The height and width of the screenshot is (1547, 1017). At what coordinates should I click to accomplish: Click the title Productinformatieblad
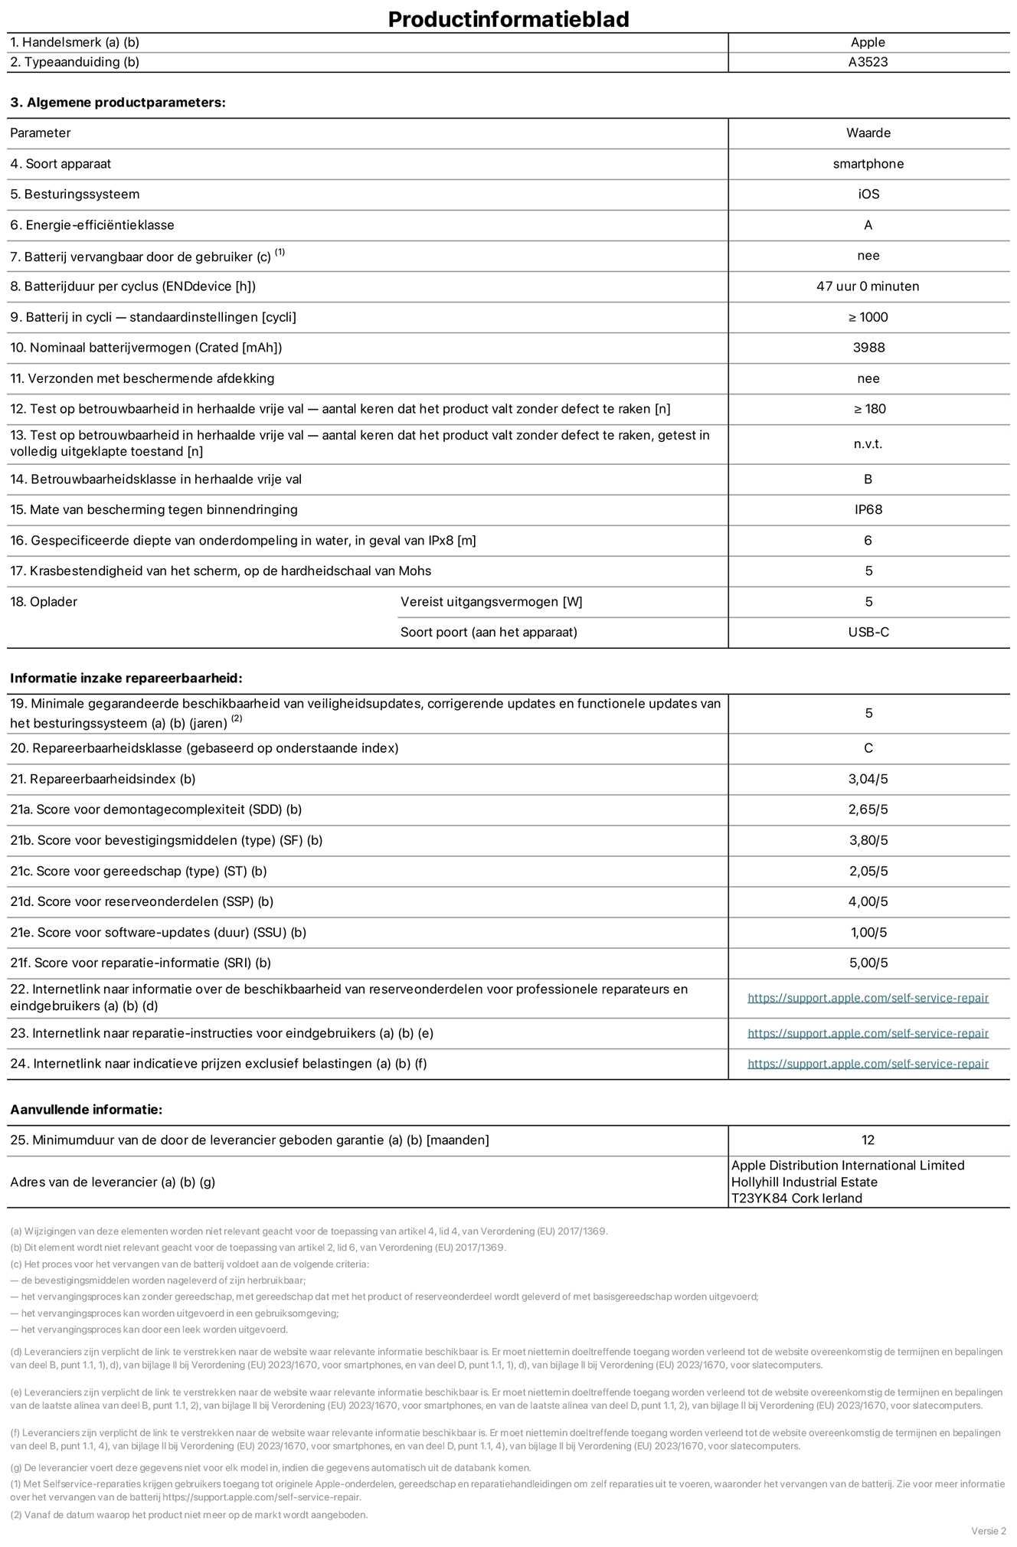(x=508, y=19)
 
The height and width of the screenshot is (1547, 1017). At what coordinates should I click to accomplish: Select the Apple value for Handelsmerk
(x=868, y=43)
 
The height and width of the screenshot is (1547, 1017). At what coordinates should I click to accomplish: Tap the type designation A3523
(x=868, y=62)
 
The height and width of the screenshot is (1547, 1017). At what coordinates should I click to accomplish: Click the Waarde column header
(x=868, y=133)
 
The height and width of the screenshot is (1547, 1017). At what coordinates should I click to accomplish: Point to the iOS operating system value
(x=868, y=195)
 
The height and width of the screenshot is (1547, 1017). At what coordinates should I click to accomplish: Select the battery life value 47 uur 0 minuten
(x=868, y=286)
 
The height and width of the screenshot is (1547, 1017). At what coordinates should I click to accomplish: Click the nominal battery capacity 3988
(x=868, y=348)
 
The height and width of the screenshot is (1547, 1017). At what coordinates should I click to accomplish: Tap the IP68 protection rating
(x=868, y=510)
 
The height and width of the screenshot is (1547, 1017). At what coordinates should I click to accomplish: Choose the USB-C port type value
(x=868, y=633)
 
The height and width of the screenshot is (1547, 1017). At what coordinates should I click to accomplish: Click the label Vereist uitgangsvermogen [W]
(x=491, y=602)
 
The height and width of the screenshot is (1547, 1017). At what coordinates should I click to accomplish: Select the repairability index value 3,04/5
(x=868, y=780)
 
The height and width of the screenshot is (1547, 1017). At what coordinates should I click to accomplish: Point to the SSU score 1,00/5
(x=868, y=933)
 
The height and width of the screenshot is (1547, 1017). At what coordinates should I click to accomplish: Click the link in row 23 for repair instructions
(x=868, y=1034)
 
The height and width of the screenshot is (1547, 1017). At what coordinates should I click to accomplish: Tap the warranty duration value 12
(x=868, y=1140)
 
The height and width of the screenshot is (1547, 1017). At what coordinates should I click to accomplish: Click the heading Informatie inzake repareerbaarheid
(x=126, y=679)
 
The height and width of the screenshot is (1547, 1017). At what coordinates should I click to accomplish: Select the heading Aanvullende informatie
(x=87, y=1110)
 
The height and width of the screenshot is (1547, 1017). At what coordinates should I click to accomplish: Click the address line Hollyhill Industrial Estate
(x=804, y=1182)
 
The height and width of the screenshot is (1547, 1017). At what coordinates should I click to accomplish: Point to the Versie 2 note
(x=989, y=1531)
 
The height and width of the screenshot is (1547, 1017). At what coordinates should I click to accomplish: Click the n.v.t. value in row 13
(x=868, y=444)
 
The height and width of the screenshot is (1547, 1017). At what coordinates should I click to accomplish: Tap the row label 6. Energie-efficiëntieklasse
(x=92, y=225)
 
